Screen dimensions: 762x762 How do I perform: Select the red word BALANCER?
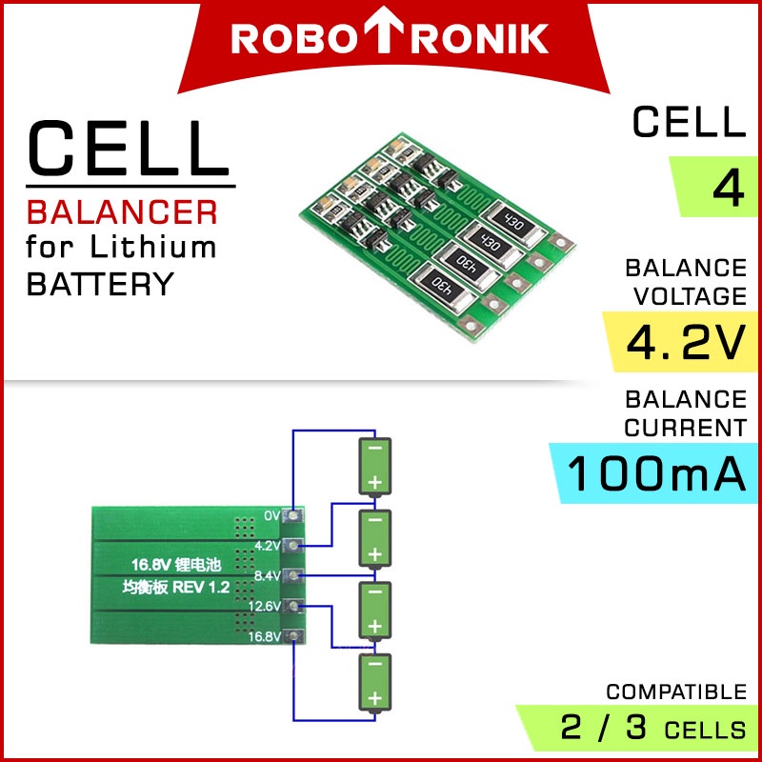[x=122, y=211]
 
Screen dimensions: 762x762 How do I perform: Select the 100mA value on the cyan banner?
[x=656, y=474]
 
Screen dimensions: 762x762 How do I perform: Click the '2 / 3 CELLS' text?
[x=653, y=730]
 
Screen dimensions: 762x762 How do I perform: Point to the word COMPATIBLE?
[x=676, y=692]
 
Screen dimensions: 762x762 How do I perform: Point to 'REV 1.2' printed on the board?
[x=201, y=588]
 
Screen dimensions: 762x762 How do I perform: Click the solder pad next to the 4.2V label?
[x=295, y=546]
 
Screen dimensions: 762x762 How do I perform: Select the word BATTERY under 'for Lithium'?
[x=100, y=284]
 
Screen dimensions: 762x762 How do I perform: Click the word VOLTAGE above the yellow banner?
[x=684, y=297]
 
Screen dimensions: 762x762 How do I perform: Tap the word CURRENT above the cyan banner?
[x=684, y=428]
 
